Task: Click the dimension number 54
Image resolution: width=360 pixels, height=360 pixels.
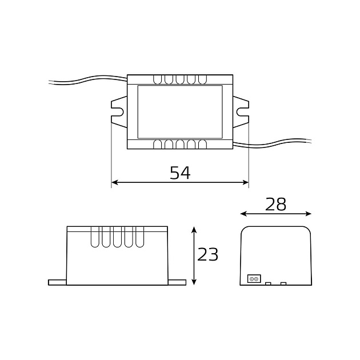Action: point(180,173)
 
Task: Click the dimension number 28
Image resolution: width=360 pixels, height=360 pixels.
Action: point(276,204)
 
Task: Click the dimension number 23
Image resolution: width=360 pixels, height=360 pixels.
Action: point(208,254)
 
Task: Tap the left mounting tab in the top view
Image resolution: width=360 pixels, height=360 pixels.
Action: point(119,111)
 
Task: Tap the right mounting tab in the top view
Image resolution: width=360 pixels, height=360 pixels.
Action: point(241,111)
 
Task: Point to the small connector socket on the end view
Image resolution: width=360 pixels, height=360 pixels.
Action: point(254,279)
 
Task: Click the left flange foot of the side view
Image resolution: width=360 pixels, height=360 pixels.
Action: point(58,282)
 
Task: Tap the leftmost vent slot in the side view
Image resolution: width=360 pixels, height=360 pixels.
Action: point(95,237)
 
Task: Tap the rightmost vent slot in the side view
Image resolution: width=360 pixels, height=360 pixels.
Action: point(139,237)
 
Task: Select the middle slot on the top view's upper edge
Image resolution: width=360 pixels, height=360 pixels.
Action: point(180,79)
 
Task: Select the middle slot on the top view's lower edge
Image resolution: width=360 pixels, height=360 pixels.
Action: point(180,144)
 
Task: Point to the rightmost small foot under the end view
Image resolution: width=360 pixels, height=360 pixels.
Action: point(283,283)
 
